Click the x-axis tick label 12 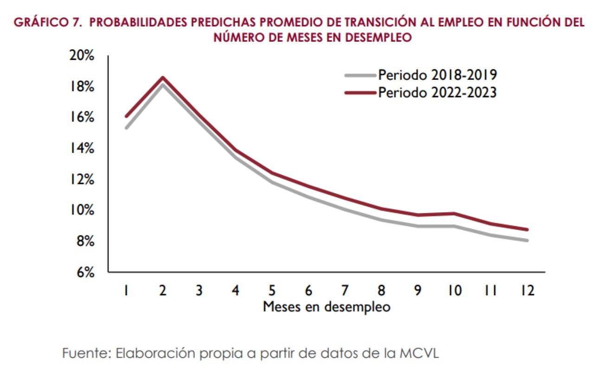(527, 291)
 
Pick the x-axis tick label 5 (272, 291)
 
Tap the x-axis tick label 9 (417, 291)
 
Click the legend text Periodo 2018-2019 (437, 75)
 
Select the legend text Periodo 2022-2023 (437, 92)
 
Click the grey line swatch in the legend (360, 75)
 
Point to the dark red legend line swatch (360, 92)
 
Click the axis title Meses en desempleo (327, 307)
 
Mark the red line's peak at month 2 (163, 78)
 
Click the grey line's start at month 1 (126, 128)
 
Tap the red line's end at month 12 (527, 229)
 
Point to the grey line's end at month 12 (527, 240)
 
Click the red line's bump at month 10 (455, 214)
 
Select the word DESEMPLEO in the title (378, 38)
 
